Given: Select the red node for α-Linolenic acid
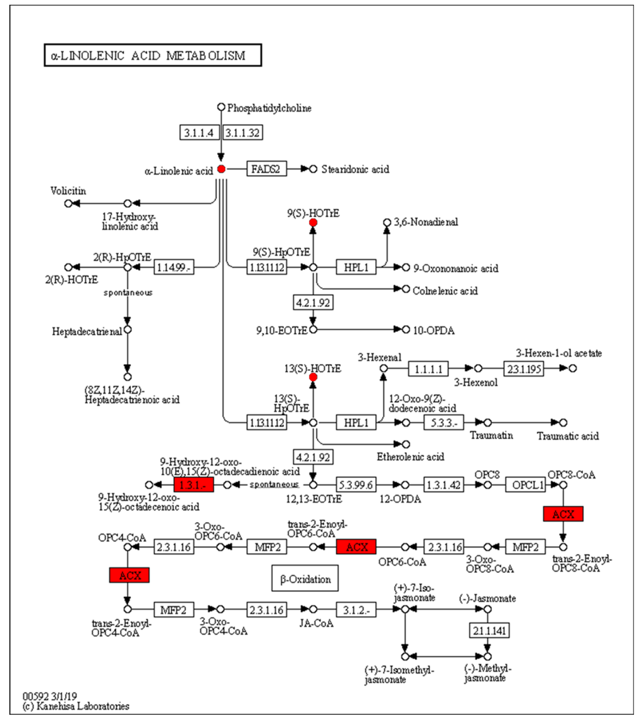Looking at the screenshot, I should coord(221,169).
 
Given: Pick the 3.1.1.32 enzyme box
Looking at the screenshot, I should coord(243,133).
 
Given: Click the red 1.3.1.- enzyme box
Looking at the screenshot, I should coord(194,485).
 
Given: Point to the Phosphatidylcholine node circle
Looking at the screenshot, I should coord(221,107).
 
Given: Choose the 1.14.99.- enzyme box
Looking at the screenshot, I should coord(174,267).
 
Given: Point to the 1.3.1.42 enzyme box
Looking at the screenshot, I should coord(444,485).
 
